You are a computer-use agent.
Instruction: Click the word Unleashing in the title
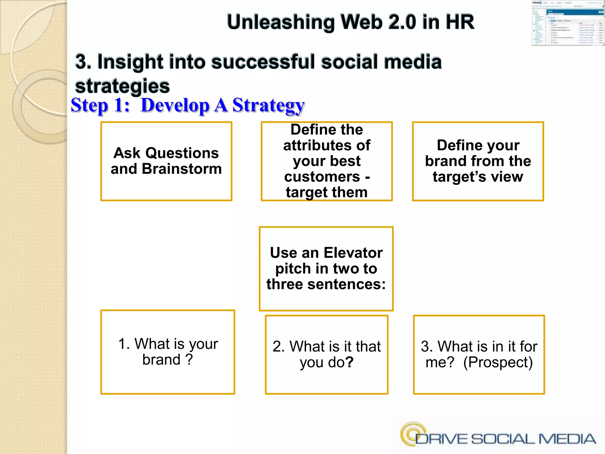[281, 22]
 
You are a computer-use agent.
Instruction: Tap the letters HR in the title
[460, 22]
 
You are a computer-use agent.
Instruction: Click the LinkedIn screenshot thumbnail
[567, 23]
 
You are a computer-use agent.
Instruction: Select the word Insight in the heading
[130, 62]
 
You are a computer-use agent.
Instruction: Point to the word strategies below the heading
[122, 86]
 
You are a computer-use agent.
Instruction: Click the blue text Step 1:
[100, 105]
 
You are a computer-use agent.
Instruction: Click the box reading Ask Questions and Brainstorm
[166, 161]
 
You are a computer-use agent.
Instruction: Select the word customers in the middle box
[322, 177]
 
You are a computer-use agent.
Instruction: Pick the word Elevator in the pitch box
[353, 253]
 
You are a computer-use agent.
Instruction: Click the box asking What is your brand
[167, 352]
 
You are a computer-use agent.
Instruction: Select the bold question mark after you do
[349, 362]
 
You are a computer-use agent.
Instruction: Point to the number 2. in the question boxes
[279, 346]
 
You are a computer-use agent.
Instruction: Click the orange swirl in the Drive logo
[412, 433]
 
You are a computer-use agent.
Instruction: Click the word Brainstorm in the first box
[182, 169]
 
